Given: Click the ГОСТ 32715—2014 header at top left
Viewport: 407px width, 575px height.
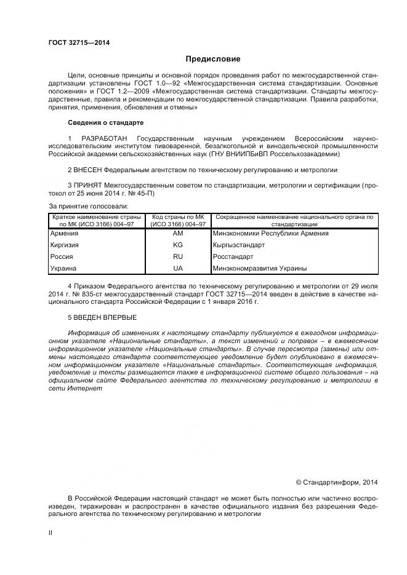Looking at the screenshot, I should pos(75,42).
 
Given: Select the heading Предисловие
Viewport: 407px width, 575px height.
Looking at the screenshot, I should pos(213,59).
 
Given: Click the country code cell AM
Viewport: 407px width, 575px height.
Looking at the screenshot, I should pos(178,233).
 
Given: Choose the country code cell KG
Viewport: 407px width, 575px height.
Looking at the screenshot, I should pos(178,245).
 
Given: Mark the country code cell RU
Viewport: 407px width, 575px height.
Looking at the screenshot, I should pos(178,256).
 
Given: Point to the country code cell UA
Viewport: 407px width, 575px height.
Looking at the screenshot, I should pos(178,268).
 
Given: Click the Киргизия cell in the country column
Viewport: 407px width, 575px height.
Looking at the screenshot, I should pos(65,245).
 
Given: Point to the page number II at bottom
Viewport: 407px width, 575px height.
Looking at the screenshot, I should pos(50,533).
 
